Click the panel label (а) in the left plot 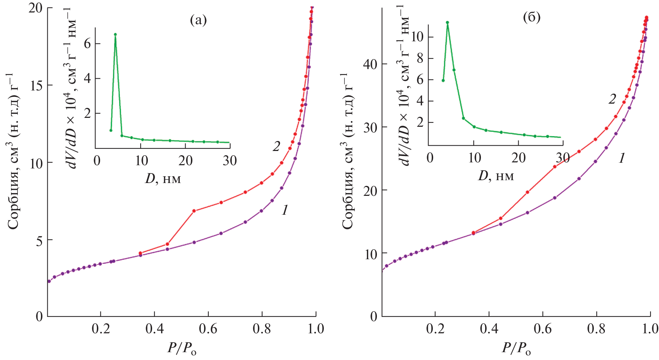pyautogui.click(x=198, y=20)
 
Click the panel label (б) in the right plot pyautogui.click(x=531, y=17)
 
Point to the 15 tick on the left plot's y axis pyautogui.click(x=36, y=85)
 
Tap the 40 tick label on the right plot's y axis pyautogui.click(x=370, y=64)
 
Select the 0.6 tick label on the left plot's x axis pyautogui.click(x=208, y=329)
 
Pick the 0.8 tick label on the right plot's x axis pyautogui.click(x=596, y=329)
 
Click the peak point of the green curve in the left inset pyautogui.click(x=115, y=35)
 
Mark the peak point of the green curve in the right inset pyautogui.click(x=447, y=22)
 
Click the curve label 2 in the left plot pyautogui.click(x=276, y=146)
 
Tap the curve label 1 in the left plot pyautogui.click(x=285, y=210)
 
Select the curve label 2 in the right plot pyautogui.click(x=612, y=99)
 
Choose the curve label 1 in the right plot pyautogui.click(x=622, y=158)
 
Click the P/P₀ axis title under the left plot pyautogui.click(x=182, y=349)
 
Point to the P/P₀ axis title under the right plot pyautogui.click(x=516, y=349)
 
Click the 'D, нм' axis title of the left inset pyautogui.click(x=163, y=178)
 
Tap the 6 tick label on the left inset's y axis pyautogui.click(x=87, y=44)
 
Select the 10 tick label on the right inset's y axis pyautogui.click(x=417, y=37)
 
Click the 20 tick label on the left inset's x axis pyautogui.click(x=186, y=161)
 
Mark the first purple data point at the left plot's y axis pyautogui.click(x=49, y=281)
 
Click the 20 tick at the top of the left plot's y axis pyautogui.click(x=36, y=8)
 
